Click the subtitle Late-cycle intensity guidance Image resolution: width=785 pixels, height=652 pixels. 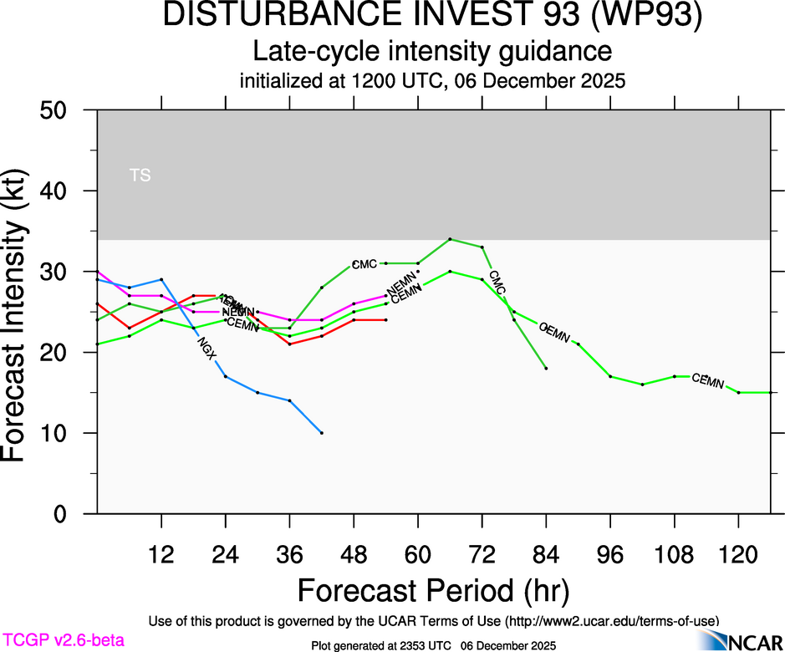[433, 51]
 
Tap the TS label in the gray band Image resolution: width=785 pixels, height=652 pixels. [140, 176]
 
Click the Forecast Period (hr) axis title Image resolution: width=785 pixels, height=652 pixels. [433, 590]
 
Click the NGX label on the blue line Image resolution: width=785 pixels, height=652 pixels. [206, 348]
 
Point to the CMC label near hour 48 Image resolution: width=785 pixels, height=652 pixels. [364, 264]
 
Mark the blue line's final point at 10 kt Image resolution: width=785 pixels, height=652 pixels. [322, 433]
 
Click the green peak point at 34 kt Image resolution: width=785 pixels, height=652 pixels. [450, 239]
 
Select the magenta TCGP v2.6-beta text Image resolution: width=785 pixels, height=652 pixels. [63, 640]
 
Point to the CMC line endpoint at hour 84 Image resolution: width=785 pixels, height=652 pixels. [546, 368]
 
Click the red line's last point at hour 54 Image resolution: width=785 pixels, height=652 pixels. [386, 320]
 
